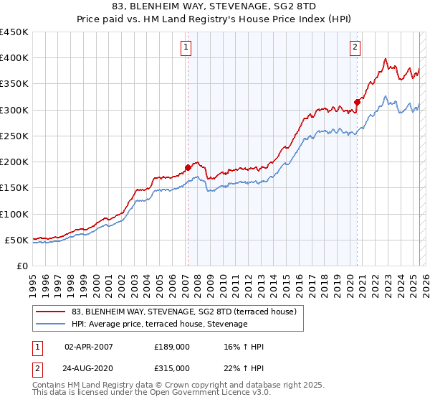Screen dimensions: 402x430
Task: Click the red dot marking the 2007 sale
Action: tap(188, 167)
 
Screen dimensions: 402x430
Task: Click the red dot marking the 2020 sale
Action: tap(357, 102)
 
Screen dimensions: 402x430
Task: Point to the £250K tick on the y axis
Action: tap(14, 136)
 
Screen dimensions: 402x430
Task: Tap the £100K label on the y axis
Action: tap(14, 214)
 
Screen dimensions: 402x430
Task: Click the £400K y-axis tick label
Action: tap(14, 58)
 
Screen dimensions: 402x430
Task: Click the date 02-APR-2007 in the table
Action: tap(89, 347)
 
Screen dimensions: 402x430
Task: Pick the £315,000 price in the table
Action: tap(171, 368)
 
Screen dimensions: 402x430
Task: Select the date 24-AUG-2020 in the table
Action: tap(89, 368)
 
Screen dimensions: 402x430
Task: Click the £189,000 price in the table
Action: tap(171, 347)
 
